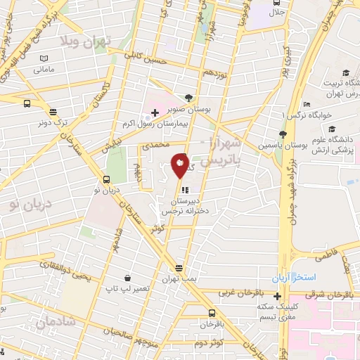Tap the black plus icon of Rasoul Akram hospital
155,112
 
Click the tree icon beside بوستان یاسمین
283,134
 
